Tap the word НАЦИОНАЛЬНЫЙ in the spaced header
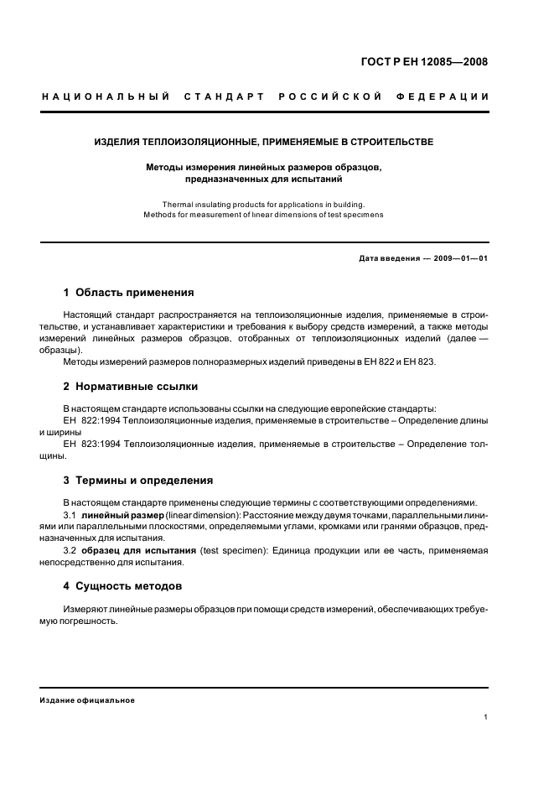(x=106, y=96)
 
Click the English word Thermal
(x=178, y=204)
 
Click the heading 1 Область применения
(x=128, y=293)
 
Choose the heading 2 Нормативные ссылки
(x=131, y=387)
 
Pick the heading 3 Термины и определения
(x=138, y=481)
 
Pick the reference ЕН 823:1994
(x=93, y=444)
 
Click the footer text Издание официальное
(x=87, y=700)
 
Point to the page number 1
(x=485, y=717)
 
